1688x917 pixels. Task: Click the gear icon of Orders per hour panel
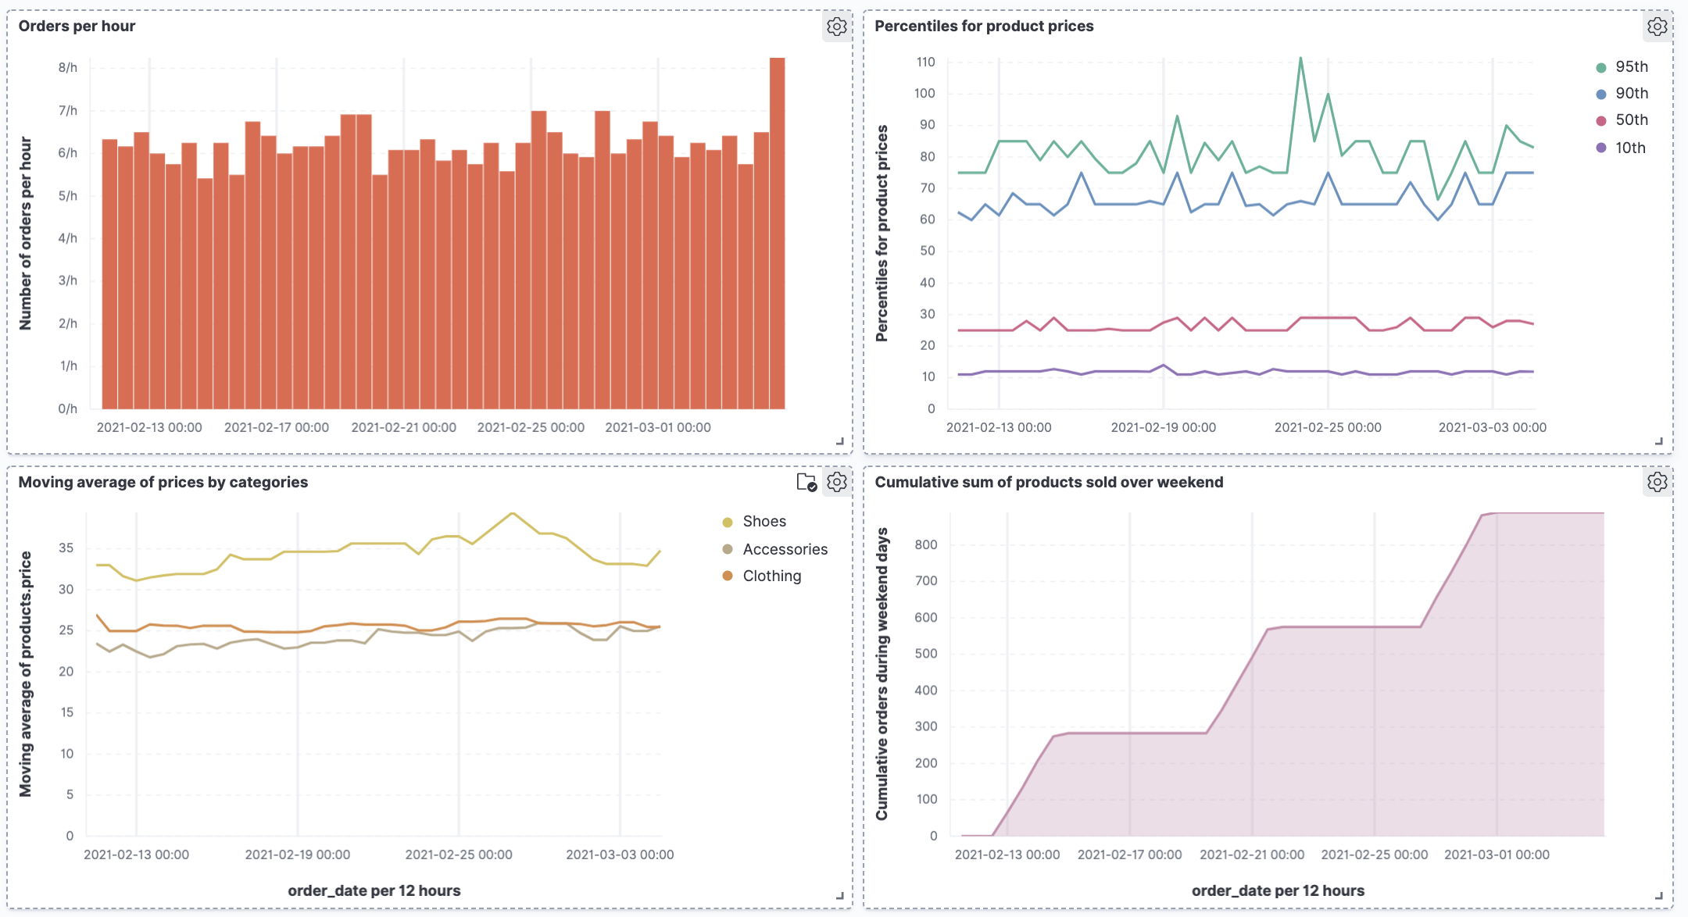tap(836, 27)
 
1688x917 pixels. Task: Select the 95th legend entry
tap(1631, 67)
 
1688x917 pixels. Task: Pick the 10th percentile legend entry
tap(1629, 148)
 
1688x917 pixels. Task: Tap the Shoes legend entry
tap(764, 522)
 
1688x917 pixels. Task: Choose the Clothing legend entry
tap(771, 576)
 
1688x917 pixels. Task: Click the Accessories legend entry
tap(784, 549)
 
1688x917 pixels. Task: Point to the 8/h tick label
tap(68, 68)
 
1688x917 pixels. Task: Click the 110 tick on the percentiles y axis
tap(925, 62)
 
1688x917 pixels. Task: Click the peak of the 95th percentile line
tap(1300, 58)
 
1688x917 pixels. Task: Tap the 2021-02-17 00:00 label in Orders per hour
tap(277, 427)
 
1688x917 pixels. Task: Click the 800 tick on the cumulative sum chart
tap(926, 544)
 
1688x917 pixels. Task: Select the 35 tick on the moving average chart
tap(66, 548)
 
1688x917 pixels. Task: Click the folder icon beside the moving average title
tap(806, 482)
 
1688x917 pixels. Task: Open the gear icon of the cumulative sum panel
tap(1657, 482)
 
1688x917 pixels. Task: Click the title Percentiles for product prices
tap(984, 26)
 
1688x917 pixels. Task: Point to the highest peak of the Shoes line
tap(513, 513)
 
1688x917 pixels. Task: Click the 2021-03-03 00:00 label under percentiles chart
tap(1492, 427)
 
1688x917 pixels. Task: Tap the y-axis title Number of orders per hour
tap(26, 234)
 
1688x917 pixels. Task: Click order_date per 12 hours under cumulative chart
tap(1278, 890)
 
